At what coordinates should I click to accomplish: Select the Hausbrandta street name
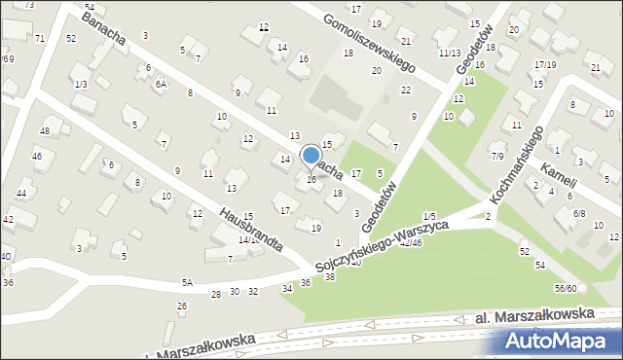(250, 228)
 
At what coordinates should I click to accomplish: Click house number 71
(40, 38)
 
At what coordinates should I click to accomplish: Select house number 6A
(162, 85)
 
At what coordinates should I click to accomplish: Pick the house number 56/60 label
(567, 288)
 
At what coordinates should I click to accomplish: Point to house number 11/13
(449, 53)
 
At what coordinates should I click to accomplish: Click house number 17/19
(544, 64)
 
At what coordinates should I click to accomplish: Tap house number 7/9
(496, 156)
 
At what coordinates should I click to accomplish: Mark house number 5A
(187, 282)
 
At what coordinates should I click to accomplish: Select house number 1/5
(429, 215)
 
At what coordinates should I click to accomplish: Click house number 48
(45, 130)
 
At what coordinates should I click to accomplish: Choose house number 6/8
(579, 212)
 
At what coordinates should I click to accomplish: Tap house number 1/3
(81, 85)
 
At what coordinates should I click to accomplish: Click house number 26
(181, 306)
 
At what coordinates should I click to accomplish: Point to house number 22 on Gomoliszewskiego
(405, 90)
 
